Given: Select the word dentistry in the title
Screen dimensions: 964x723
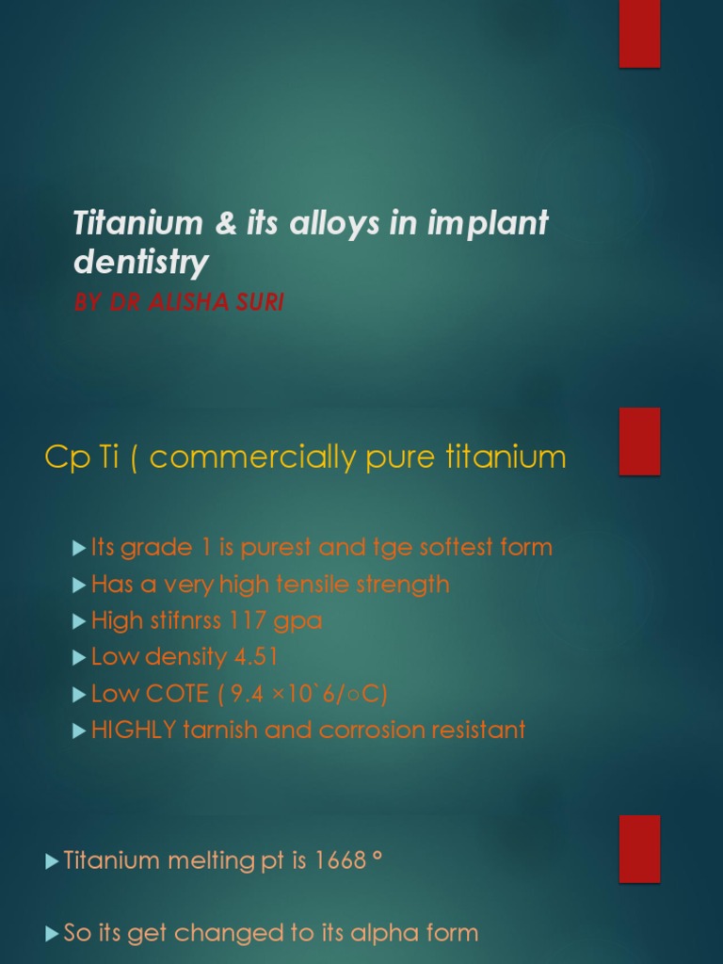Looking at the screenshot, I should pyautogui.click(x=141, y=263).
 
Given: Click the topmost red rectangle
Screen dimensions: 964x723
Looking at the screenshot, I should pyautogui.click(x=639, y=34).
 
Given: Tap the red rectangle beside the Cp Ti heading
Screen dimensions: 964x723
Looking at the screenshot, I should pyautogui.click(x=639, y=441).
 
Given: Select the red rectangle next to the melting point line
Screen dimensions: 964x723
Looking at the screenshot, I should pyautogui.click(x=639, y=848).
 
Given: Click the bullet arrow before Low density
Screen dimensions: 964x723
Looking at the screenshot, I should pyautogui.click(x=79, y=658).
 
